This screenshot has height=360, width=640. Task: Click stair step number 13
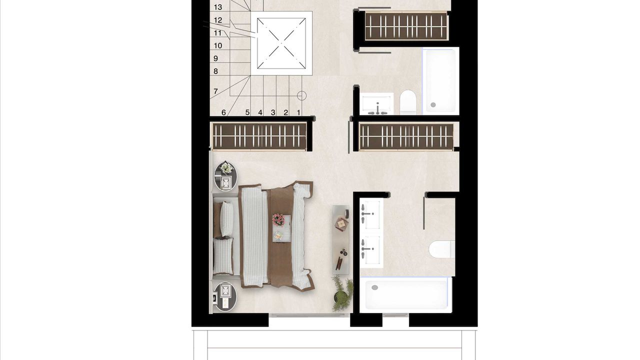click(217, 7)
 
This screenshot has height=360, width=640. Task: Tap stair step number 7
click(215, 91)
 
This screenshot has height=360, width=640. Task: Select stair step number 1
click(298, 112)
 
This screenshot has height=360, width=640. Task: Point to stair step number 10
click(217, 45)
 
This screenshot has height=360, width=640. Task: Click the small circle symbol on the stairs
click(301, 95)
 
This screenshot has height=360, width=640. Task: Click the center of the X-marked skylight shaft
click(281, 43)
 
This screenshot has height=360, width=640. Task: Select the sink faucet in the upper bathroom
click(377, 108)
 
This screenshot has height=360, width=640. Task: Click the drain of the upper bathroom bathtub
click(433, 105)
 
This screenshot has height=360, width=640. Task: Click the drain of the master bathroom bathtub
click(374, 287)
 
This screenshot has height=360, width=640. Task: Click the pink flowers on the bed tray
click(278, 219)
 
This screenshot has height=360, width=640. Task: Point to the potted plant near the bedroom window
click(342, 294)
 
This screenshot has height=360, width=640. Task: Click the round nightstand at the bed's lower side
click(225, 296)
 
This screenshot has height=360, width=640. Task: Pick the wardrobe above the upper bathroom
click(406, 26)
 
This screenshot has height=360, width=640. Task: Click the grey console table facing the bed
click(340, 239)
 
